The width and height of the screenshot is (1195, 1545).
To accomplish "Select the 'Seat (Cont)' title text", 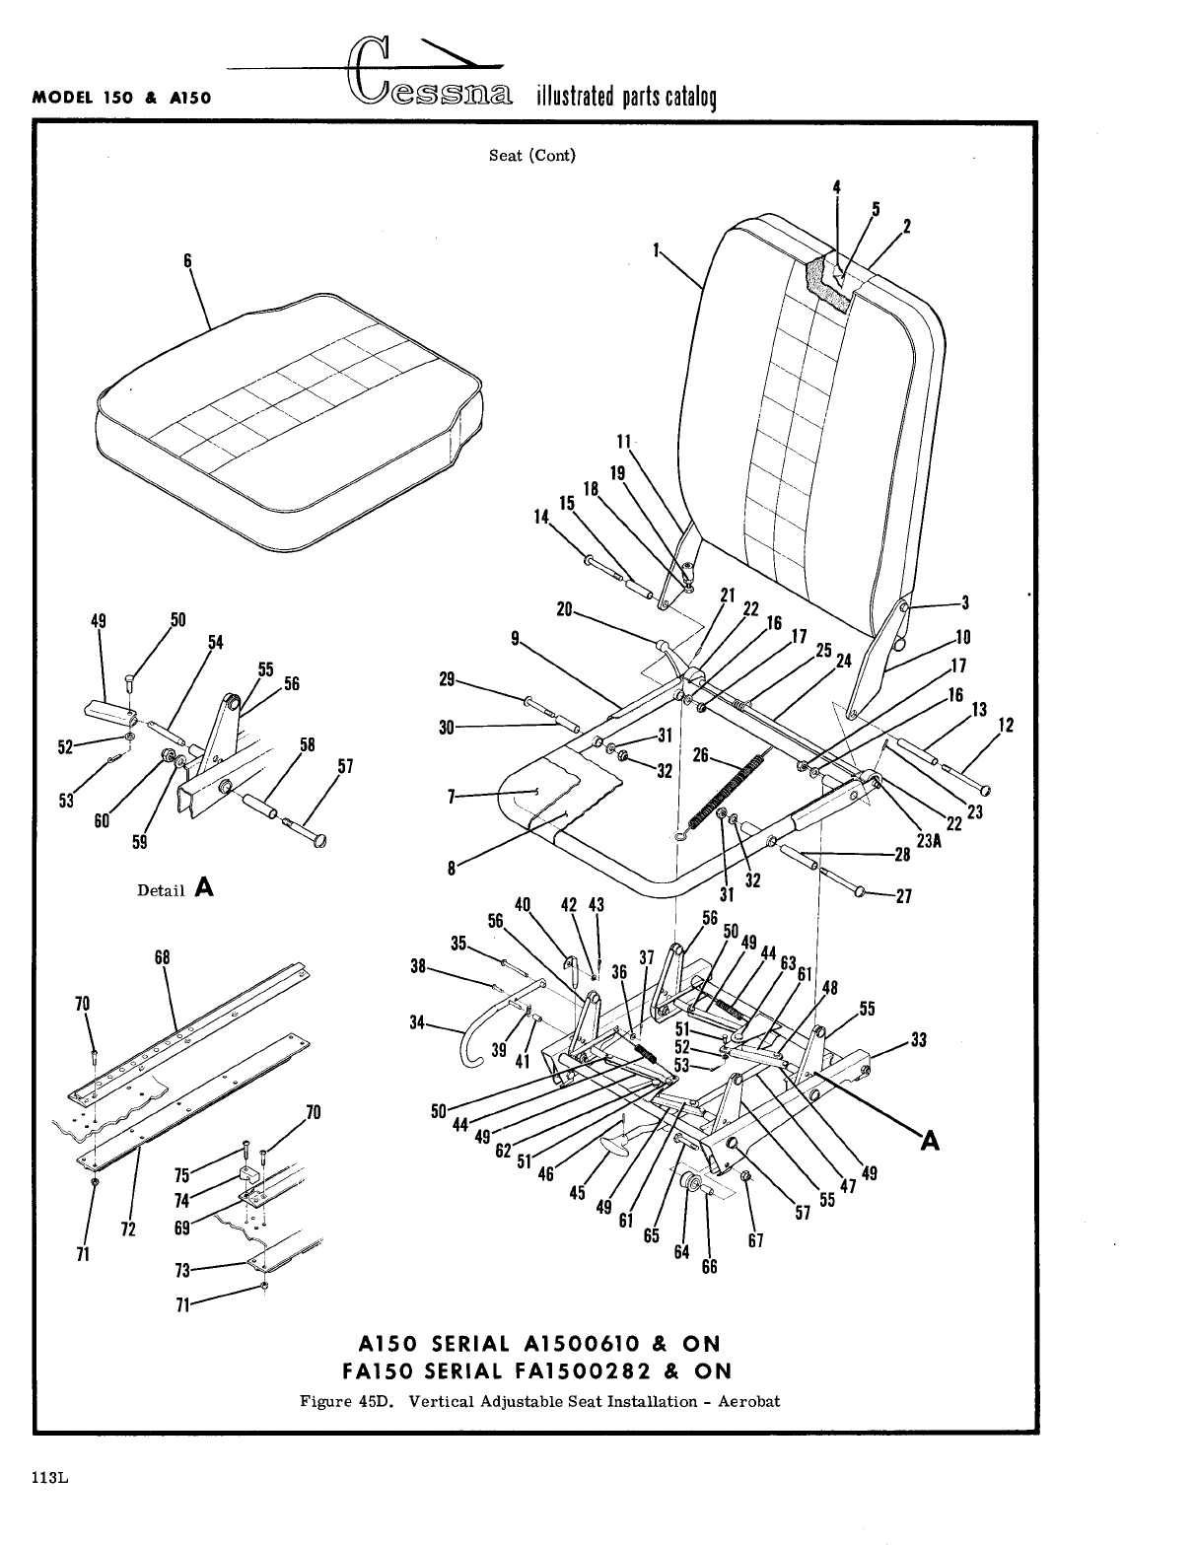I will click(532, 155).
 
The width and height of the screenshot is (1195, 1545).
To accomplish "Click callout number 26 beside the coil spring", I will click(701, 755).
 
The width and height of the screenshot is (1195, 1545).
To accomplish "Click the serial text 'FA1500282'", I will click(597, 1371).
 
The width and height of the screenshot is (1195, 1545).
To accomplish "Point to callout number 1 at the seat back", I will click(655, 250).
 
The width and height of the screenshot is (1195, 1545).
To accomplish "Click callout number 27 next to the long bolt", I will click(903, 896).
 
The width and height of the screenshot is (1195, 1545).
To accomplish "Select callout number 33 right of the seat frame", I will click(919, 1039).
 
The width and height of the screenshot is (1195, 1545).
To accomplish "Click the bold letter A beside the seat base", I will click(929, 1140).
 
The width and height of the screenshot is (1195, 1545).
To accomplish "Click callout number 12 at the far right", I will click(1006, 726).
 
